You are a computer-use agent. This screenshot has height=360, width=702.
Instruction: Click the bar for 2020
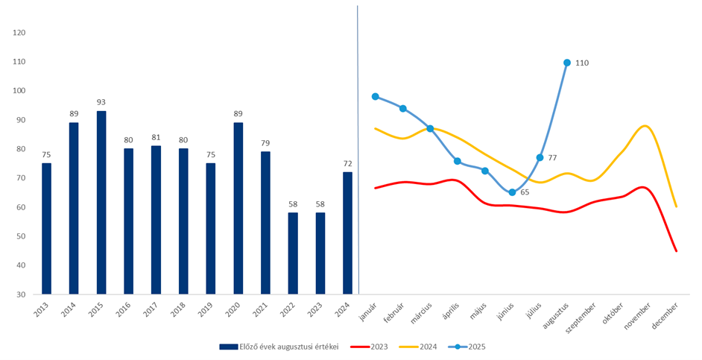click(x=238, y=208)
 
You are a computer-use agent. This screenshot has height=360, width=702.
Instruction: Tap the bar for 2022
click(x=293, y=253)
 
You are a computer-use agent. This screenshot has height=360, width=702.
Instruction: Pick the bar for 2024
click(x=347, y=233)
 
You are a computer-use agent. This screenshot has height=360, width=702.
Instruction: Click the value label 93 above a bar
click(x=101, y=102)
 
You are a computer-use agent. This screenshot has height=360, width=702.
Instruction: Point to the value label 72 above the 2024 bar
click(x=347, y=163)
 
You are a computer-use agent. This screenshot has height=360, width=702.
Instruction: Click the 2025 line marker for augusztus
click(x=567, y=63)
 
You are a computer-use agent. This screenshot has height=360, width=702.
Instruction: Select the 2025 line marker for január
click(x=376, y=96)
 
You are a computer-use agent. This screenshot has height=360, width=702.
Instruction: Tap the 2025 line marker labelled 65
click(x=512, y=192)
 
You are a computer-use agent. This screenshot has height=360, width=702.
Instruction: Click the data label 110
click(x=582, y=63)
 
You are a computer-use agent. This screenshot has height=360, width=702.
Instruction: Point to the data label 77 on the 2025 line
click(x=552, y=157)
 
